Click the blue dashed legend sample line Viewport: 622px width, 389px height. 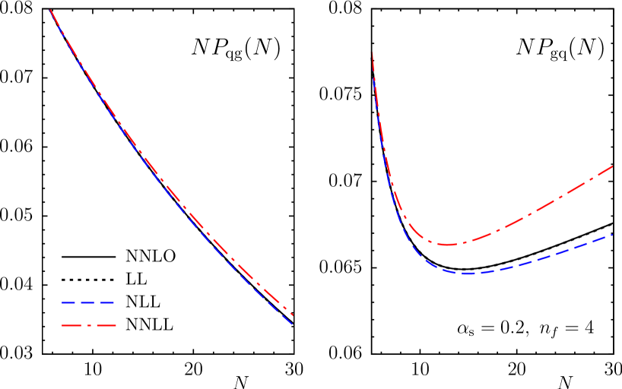point(88,302)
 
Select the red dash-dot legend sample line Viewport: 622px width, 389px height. point(89,325)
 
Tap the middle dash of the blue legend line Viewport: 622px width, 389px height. point(88,302)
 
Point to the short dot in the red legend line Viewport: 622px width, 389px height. point(89,325)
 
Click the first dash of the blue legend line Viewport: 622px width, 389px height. point(69,302)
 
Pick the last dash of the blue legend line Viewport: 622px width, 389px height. point(107,302)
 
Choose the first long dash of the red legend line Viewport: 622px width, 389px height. point(73,325)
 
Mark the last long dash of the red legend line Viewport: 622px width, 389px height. point(106,325)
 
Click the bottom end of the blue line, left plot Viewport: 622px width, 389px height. point(293,324)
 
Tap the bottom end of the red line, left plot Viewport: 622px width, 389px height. point(293,315)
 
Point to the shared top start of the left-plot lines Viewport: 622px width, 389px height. point(50,10)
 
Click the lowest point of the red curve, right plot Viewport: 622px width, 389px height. point(449,245)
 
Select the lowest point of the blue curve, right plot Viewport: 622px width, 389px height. point(468,273)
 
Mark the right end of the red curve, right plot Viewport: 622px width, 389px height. point(613,166)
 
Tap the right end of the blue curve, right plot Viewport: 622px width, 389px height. point(613,235)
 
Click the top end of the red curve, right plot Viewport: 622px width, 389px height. point(373,54)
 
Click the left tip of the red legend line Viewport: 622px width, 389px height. point(62,325)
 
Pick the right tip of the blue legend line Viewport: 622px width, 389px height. point(114,302)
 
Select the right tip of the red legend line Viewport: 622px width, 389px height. point(116,325)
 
